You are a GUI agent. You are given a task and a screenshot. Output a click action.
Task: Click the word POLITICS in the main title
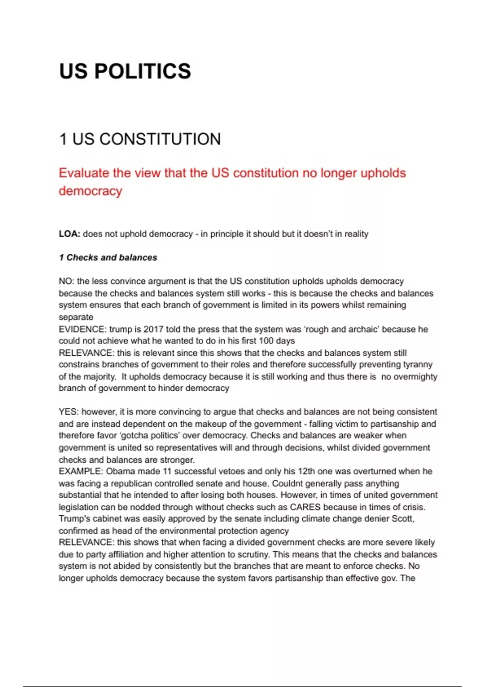point(142,71)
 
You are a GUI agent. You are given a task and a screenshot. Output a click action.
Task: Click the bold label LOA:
point(70,234)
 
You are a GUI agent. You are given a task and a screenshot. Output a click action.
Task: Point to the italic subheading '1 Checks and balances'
point(108,257)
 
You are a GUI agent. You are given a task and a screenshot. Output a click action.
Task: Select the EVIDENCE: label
point(82,329)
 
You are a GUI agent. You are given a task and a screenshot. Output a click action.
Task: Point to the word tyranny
point(418,365)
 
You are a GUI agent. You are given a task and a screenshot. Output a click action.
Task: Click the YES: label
point(68,412)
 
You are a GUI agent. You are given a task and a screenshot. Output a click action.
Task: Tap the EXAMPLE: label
point(81,471)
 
